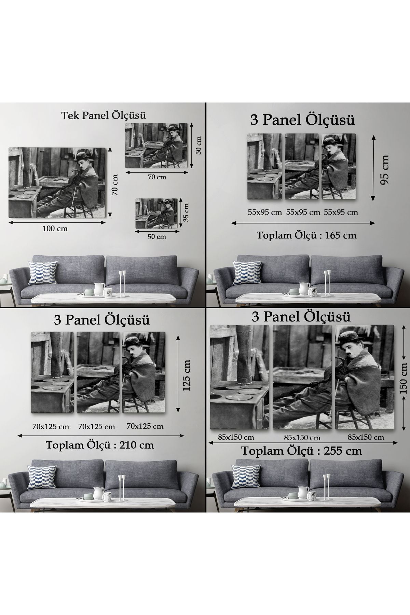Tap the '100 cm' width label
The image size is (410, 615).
[55, 229]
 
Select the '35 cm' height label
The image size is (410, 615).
[186, 213]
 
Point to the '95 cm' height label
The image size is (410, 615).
[385, 169]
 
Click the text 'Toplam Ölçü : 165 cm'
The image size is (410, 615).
[306, 235]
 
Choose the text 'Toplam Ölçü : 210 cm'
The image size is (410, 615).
[100, 445]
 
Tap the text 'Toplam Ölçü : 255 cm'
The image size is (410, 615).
[302, 451]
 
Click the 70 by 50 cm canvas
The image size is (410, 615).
[156, 146]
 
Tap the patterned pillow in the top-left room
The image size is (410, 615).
[43, 273]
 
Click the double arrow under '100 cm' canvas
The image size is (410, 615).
[57, 222]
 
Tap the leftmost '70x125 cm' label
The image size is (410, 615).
[51, 427]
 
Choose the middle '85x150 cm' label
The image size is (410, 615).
[302, 438]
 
